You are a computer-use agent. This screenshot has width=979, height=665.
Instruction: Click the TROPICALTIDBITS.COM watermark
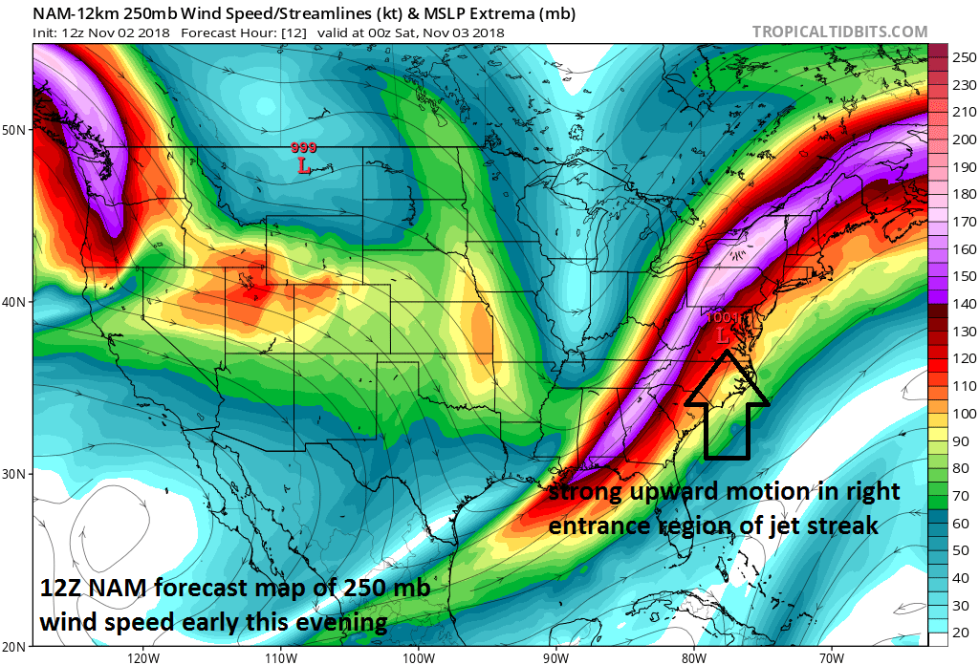tap(839, 32)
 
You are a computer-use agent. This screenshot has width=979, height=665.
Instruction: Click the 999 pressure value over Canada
tap(304, 148)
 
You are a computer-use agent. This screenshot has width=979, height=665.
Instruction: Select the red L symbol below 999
tap(304, 166)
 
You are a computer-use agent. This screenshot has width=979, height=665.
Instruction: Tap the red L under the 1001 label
tap(723, 335)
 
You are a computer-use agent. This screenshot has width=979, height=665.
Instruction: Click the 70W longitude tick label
tap(832, 657)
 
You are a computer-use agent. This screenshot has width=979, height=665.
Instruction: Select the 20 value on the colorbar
tap(958, 632)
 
